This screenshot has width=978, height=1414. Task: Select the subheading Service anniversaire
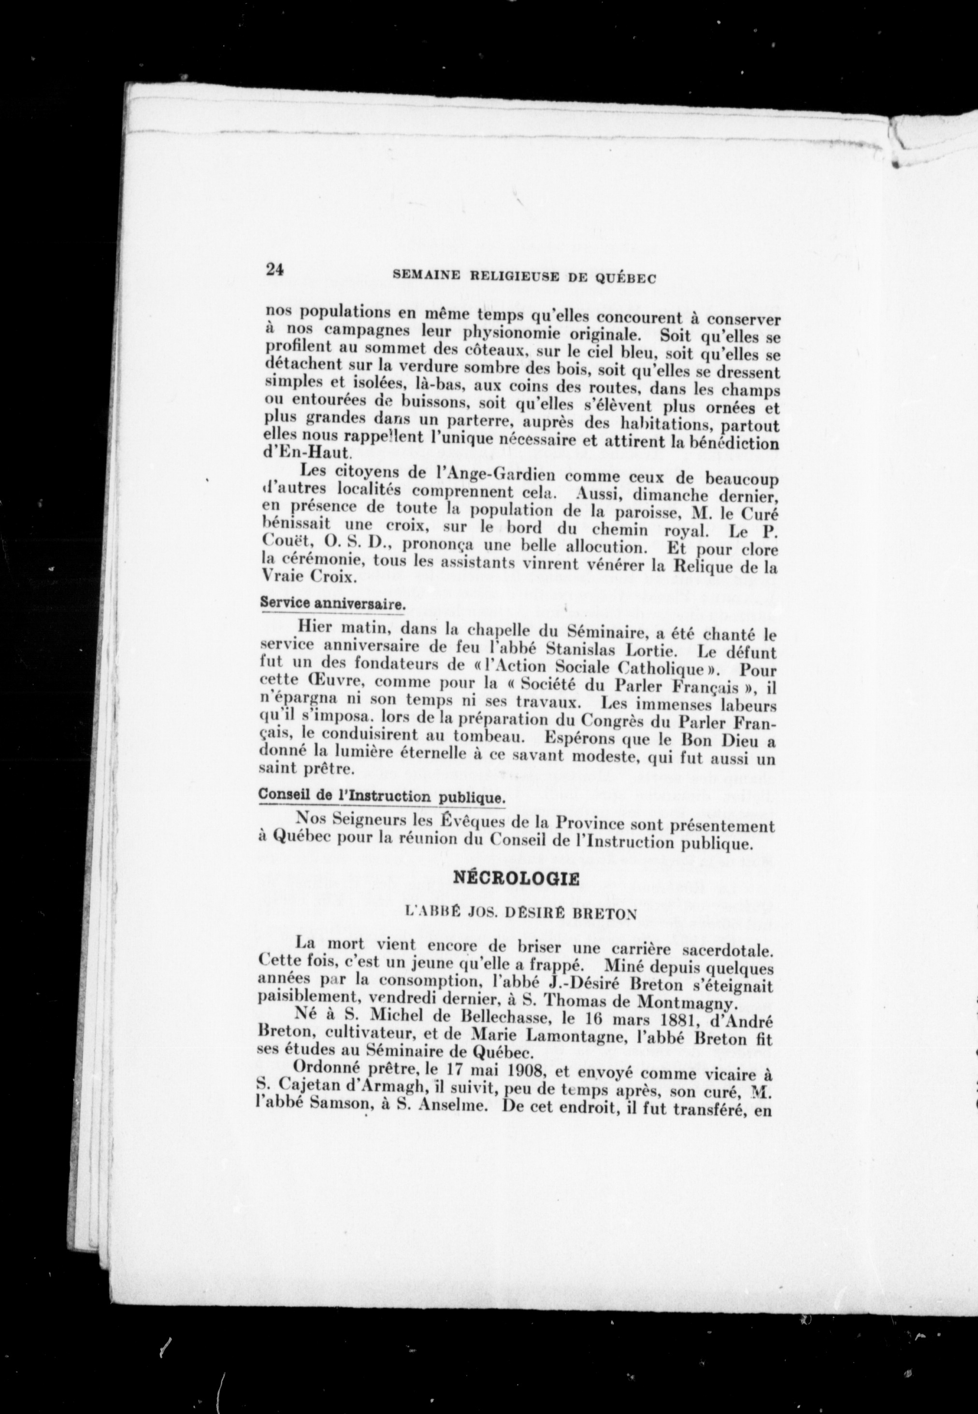pyautogui.click(x=333, y=603)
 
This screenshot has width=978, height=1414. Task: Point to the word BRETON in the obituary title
pyautogui.click(x=596, y=914)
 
